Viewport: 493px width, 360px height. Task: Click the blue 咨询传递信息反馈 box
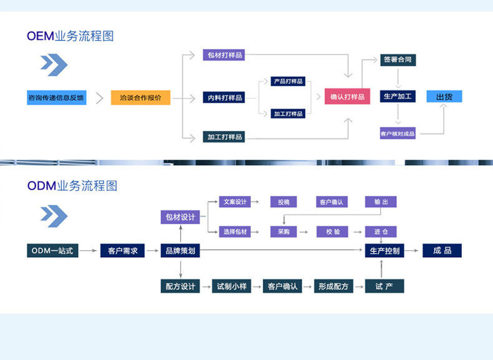coord(56,98)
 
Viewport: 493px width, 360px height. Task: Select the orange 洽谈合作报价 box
coord(140,98)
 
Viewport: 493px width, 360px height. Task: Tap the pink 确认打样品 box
coord(348,97)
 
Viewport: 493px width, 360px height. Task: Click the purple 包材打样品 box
coord(223,55)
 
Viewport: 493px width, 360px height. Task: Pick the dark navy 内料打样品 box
coord(223,97)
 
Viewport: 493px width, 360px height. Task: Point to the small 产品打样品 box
coord(288,81)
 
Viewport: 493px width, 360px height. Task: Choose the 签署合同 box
coord(398,60)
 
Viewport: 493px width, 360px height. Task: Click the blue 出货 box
coord(444,97)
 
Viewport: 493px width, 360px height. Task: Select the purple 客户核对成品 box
coord(398,134)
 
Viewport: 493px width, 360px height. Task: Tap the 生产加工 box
coord(398,97)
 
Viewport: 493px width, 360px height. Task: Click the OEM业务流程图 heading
coord(71,36)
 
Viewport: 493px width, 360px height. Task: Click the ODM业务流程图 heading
coord(72,185)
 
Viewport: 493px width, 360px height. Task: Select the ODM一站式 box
coord(53,251)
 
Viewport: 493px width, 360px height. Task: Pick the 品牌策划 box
coord(180,251)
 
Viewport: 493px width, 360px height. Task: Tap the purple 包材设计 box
coord(180,217)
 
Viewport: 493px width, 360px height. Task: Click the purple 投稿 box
coord(283,202)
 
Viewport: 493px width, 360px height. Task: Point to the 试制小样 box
coord(232,286)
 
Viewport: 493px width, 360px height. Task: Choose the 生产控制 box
coord(384,251)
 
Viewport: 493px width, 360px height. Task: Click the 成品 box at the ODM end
coord(442,251)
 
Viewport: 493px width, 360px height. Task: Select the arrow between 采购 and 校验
coord(304,231)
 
